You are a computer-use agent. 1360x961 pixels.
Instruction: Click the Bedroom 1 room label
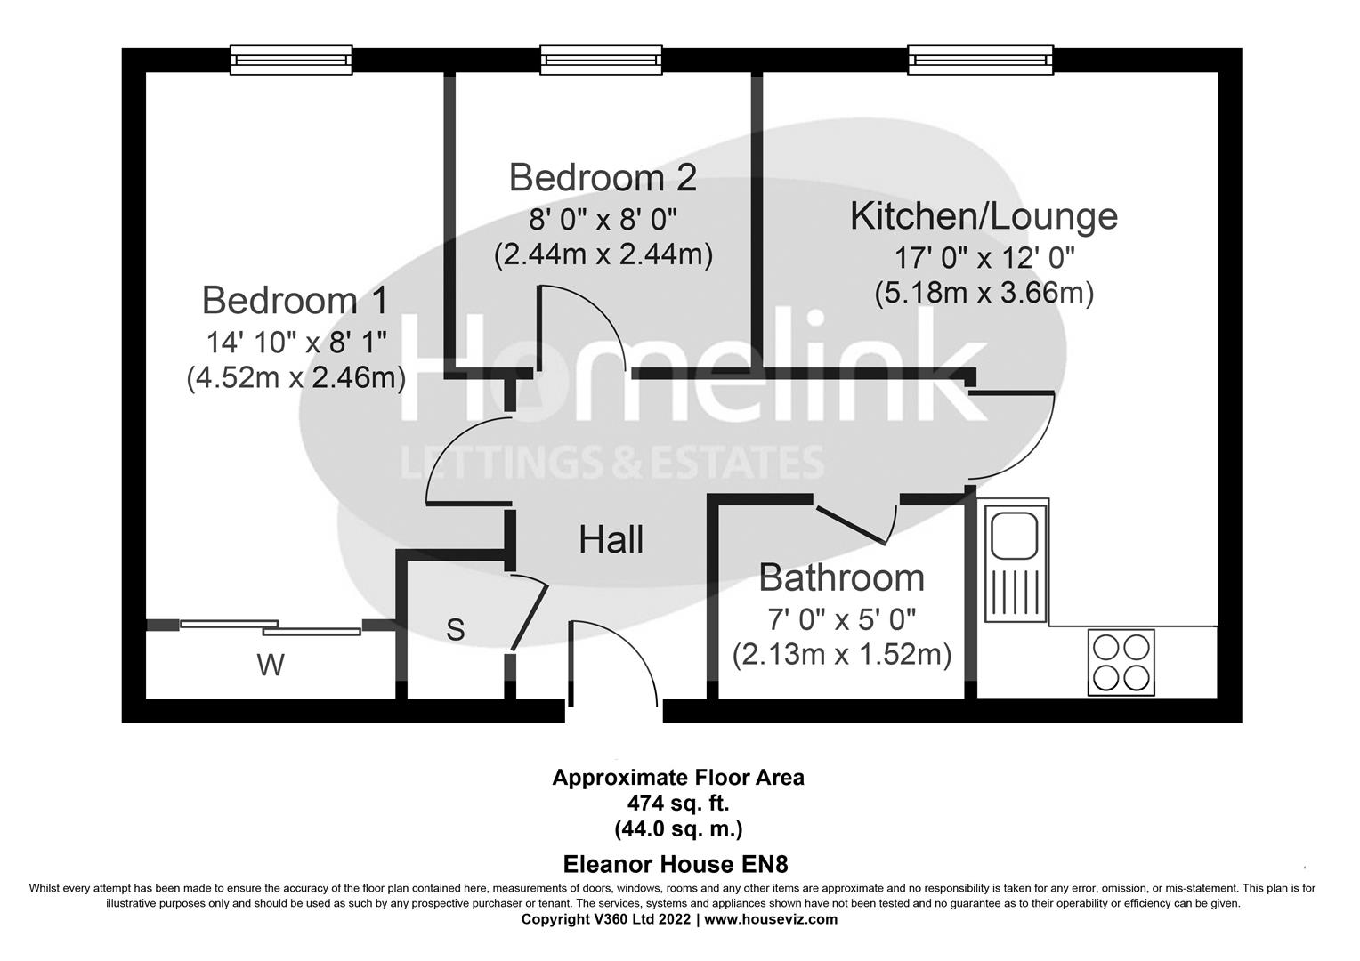(295, 301)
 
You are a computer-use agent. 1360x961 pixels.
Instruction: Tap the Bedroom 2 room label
(603, 178)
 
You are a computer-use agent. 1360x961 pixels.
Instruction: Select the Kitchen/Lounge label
(984, 216)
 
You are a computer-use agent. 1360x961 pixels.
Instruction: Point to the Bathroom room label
(841, 578)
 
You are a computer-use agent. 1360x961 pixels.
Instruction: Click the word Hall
(611, 540)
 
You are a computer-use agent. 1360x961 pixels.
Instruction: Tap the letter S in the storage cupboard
(455, 630)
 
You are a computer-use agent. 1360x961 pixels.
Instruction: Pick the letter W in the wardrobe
(271, 665)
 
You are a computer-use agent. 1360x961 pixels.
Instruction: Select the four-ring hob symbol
(1121, 662)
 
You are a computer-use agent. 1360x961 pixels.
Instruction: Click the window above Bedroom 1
(291, 60)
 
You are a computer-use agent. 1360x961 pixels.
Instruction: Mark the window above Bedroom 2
(602, 60)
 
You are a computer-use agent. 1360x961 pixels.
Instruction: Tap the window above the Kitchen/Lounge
(980, 60)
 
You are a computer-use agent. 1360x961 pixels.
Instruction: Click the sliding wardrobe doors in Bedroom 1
(271, 627)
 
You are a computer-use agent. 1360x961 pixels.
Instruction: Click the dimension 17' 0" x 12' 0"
(984, 258)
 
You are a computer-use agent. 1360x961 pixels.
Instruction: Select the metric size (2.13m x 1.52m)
(841, 655)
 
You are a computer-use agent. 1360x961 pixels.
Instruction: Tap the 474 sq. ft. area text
(678, 803)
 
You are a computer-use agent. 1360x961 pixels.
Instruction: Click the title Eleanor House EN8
(676, 864)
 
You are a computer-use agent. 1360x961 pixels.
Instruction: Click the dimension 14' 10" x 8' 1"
(296, 341)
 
